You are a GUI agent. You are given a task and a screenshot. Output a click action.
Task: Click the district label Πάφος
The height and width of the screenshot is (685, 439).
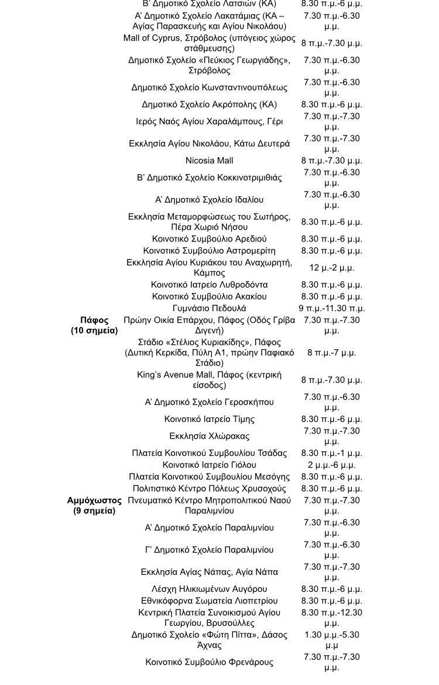94,321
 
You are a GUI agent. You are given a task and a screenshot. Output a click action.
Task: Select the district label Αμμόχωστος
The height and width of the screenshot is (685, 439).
94,501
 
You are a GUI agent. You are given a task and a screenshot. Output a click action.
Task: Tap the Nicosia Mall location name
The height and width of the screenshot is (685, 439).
209,161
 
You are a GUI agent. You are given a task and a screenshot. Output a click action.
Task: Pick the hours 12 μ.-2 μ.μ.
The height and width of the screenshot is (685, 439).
331,268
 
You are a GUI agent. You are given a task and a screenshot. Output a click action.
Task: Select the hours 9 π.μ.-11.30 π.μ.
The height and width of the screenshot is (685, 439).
331,308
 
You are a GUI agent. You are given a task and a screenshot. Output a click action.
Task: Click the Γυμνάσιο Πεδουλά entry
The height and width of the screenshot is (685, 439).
209,308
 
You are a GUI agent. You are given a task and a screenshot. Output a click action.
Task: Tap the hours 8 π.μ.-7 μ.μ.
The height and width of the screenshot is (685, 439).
331,353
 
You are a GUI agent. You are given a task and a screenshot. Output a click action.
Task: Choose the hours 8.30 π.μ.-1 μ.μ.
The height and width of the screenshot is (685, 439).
331,453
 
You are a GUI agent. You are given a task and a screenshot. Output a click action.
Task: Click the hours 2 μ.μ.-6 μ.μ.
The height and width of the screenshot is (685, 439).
331,465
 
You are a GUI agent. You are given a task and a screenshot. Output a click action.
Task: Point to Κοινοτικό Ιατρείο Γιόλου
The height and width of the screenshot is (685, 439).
209,465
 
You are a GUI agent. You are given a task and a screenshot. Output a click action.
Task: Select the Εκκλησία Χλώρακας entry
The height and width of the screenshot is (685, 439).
209,436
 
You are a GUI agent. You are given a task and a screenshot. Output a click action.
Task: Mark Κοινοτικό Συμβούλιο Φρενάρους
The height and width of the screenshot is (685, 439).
209,662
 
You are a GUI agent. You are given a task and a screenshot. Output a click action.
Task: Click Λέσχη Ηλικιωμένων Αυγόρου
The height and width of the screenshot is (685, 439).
209,589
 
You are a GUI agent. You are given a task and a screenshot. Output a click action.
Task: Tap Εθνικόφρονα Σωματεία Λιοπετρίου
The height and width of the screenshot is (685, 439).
209,601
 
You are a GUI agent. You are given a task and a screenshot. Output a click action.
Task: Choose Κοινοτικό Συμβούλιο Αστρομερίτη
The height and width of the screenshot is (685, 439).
209,251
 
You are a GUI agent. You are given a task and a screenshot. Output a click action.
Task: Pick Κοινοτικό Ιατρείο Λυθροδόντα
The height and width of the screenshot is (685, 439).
209,285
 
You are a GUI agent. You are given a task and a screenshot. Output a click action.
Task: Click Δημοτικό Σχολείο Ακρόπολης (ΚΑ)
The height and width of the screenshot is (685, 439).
209,104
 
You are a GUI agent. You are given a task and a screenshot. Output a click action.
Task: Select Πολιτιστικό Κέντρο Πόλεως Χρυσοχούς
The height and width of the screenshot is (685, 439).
209,489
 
